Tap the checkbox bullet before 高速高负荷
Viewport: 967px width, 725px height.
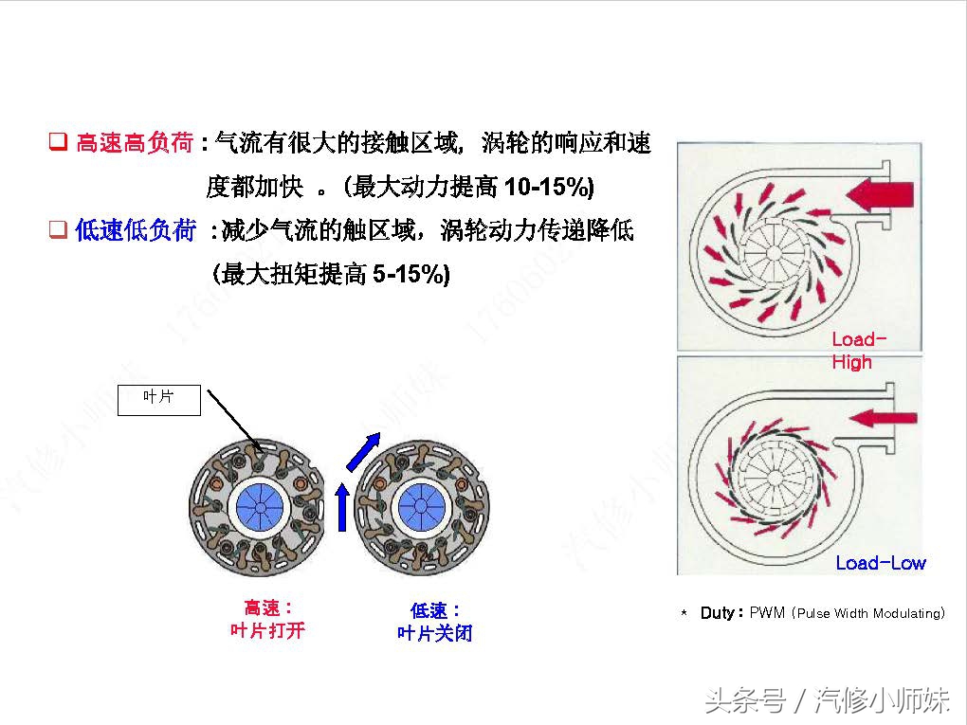point(58,144)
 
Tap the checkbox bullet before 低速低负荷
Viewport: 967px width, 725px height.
point(58,230)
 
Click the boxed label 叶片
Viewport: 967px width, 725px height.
point(158,398)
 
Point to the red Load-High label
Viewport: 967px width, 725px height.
point(858,351)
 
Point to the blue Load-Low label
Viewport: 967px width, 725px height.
point(880,563)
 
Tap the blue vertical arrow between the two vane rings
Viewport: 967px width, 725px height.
point(341,507)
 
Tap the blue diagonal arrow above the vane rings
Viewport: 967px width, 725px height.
point(365,451)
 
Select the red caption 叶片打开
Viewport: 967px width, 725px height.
point(268,630)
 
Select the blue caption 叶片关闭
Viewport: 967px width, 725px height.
point(434,633)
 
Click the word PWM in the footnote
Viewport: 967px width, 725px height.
point(767,613)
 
